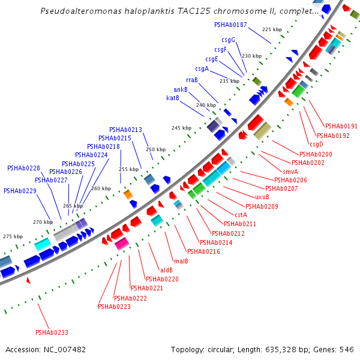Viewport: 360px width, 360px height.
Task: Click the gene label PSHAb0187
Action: coord(230,25)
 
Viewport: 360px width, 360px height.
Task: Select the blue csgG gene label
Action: coord(228,40)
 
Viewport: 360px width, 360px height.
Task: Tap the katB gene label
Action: coord(173,98)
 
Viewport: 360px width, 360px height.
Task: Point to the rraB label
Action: coord(192,80)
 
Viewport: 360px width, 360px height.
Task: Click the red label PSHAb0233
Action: coord(52,332)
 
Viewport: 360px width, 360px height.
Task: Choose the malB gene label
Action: coord(181,261)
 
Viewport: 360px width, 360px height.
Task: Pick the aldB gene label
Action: coord(166,270)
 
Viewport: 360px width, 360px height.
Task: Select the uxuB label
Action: coord(262,197)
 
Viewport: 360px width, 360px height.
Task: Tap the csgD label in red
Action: coord(316,144)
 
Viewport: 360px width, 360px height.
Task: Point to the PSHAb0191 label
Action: coord(341,126)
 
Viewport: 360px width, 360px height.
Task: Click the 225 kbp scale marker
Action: coord(272,29)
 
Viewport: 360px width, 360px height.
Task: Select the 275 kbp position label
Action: coord(12,236)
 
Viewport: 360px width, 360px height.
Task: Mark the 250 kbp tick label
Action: coord(155,149)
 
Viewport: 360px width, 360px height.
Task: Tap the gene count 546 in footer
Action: coord(347,349)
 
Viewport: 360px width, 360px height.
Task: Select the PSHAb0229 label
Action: coord(20,191)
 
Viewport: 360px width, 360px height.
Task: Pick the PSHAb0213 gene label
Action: coord(125,130)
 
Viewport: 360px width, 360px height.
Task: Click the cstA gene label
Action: coord(241,215)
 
